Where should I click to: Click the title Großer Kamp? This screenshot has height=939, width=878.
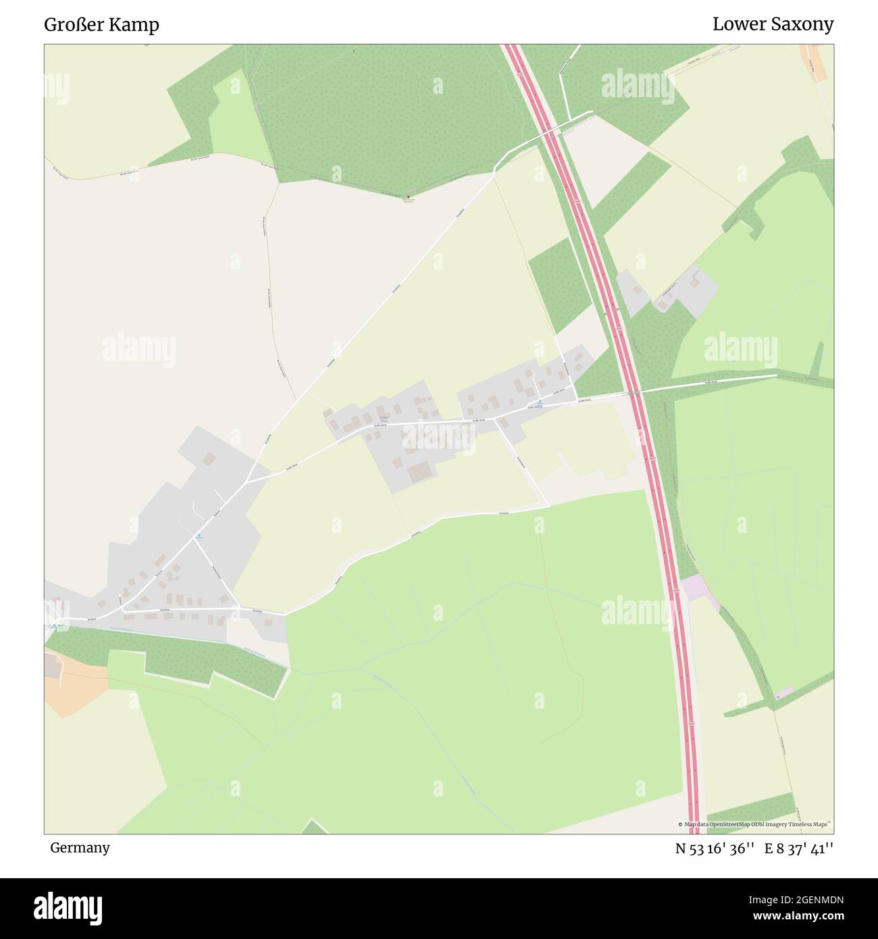tap(101, 25)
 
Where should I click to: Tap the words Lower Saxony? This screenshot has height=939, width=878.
tap(773, 25)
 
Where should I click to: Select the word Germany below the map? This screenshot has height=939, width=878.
tap(80, 848)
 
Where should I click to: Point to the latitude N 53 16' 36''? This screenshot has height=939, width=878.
tap(715, 848)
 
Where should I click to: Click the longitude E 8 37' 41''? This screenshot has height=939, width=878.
tap(799, 848)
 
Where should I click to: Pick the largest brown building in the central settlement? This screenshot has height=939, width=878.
tap(419, 472)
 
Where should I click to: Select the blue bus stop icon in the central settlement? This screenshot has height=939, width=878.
tap(539, 403)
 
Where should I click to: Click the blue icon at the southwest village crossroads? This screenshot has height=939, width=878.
tap(199, 536)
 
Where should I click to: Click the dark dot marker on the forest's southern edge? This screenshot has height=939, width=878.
tap(407, 197)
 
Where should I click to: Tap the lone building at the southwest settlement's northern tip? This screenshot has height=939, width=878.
tap(209, 459)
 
